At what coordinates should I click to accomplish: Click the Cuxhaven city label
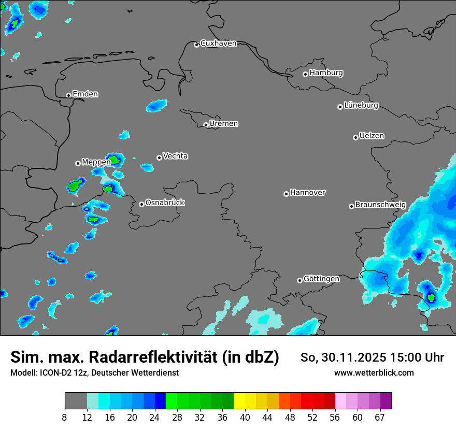coord(218,44)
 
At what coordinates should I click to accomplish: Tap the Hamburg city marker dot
coord(305,74)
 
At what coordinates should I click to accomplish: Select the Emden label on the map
coord(85,94)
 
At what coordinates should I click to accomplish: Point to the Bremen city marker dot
coord(206,125)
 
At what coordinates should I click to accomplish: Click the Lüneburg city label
coord(361,106)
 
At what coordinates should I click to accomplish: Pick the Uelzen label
coord(372,136)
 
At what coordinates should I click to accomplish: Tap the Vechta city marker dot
coord(159,157)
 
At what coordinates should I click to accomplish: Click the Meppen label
coord(96,162)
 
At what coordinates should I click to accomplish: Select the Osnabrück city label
coord(165,203)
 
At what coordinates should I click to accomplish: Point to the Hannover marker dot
coord(286,194)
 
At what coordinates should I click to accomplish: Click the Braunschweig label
coord(380,205)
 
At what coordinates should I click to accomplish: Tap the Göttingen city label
coord(321,279)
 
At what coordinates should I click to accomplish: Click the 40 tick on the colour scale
coord(245,418)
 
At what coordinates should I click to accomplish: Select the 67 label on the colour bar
coord(380,418)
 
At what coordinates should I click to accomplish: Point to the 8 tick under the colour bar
coord(65,418)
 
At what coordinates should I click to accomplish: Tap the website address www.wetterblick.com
coord(374,373)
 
